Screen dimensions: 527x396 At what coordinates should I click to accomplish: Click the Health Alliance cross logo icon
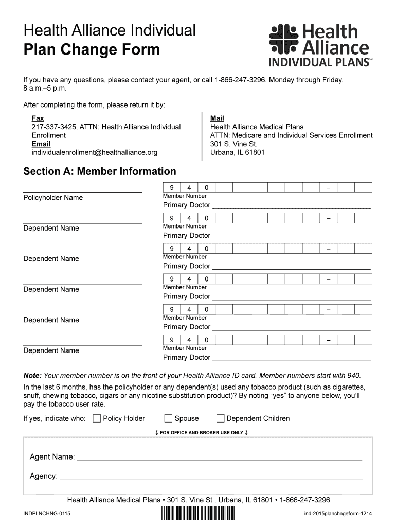[283, 39]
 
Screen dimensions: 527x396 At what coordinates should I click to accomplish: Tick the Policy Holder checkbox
[97, 418]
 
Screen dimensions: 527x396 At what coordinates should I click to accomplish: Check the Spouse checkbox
[168, 418]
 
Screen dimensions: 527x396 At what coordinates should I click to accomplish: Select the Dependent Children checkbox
[221, 418]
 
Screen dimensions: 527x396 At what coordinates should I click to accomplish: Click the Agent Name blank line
[219, 457]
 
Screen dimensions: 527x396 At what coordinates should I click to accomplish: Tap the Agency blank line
[211, 476]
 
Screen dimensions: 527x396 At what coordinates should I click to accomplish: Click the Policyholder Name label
[53, 198]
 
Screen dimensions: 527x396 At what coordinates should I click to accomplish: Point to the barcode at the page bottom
[197, 514]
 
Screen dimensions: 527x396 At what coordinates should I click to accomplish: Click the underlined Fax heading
[38, 118]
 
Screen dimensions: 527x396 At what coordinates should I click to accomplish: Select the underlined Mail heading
[217, 118]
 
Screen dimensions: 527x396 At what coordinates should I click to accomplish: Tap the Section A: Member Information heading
[100, 171]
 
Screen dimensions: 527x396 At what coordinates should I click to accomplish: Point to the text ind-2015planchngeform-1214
[338, 514]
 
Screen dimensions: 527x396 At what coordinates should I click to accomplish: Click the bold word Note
[32, 375]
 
